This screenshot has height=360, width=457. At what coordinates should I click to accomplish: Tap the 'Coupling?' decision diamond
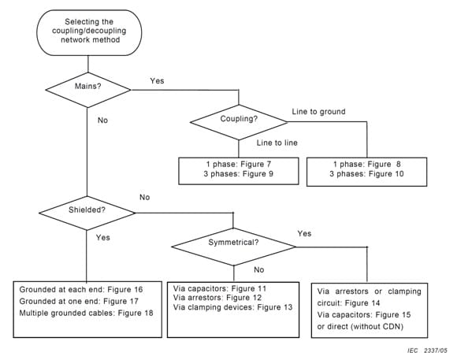point(238,120)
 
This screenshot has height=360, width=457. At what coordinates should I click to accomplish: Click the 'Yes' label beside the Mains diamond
point(156,81)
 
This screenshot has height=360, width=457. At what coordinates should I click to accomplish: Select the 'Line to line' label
point(276,142)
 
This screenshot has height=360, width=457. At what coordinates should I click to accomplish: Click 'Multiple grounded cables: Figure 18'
point(86,312)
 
